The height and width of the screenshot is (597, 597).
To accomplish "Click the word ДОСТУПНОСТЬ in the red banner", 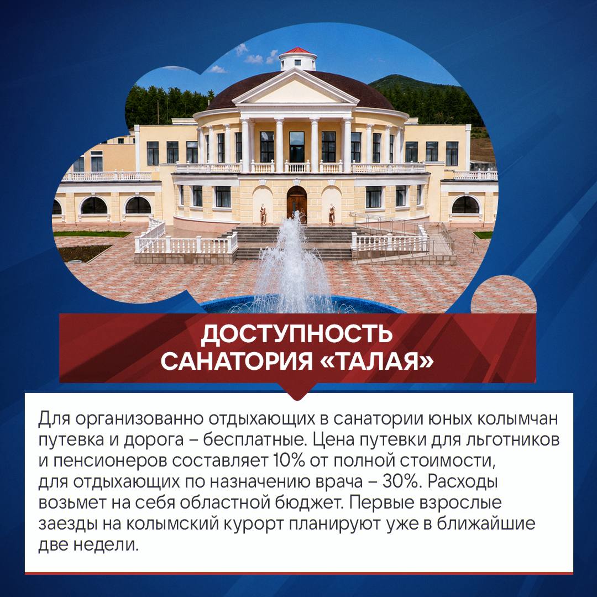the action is [x=297, y=333].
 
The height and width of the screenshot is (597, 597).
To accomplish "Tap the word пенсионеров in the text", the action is [x=110, y=462].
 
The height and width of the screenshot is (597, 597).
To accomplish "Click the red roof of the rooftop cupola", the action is [x=298, y=50].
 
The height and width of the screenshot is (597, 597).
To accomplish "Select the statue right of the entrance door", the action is [x=332, y=214].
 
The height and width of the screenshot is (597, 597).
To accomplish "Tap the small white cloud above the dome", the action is [x=254, y=59].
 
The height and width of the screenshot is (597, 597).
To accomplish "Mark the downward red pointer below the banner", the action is [x=297, y=391].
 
